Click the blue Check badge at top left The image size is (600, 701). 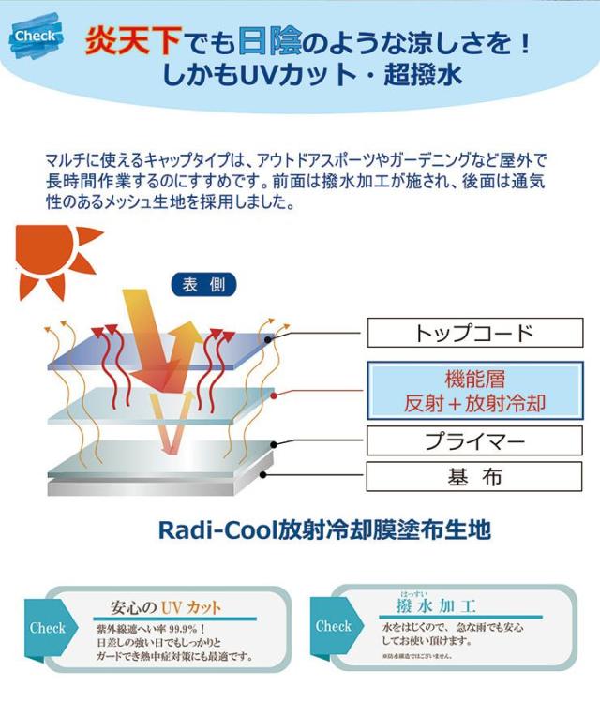pyautogui.click(x=38, y=37)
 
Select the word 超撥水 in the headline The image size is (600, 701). pyautogui.click(x=425, y=75)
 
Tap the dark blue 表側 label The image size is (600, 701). pyautogui.click(x=203, y=285)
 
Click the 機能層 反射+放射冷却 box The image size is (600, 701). pyautogui.click(x=474, y=391)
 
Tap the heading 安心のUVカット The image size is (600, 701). pyautogui.click(x=165, y=605)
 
